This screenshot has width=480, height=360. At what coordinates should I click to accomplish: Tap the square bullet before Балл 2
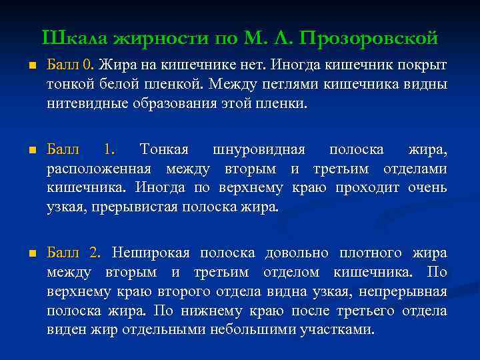point(24,254)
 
